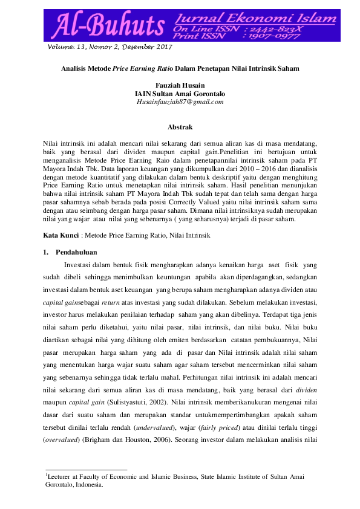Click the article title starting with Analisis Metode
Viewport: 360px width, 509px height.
click(180, 69)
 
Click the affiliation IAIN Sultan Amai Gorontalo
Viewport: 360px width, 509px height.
click(180, 94)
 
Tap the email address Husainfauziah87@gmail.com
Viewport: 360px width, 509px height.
click(180, 103)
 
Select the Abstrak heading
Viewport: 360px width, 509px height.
click(180, 127)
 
